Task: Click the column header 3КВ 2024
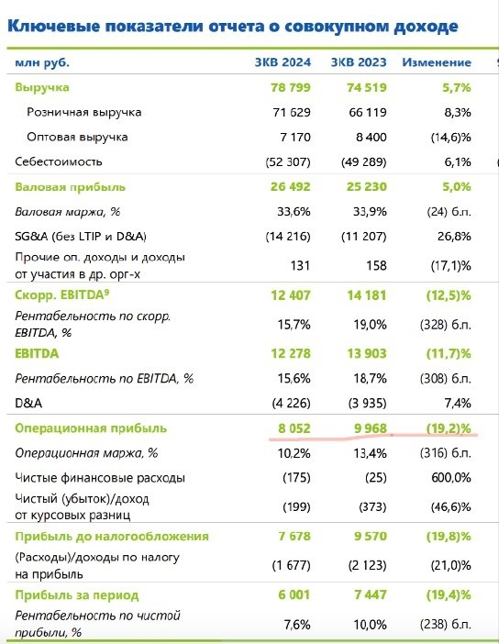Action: click(x=283, y=63)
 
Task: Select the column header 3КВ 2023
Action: click(x=358, y=63)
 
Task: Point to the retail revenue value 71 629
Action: click(x=292, y=112)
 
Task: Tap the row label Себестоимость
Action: click(x=54, y=161)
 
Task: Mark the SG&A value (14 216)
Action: click(x=289, y=236)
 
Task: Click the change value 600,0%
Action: click(x=450, y=478)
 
